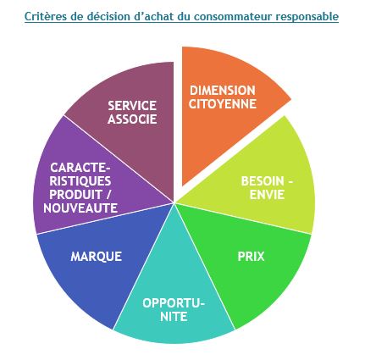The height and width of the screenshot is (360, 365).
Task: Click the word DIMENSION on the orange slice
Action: tap(223, 91)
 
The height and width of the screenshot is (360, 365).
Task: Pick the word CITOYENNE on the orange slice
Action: tap(223, 104)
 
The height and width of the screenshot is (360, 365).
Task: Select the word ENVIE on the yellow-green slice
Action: tap(267, 195)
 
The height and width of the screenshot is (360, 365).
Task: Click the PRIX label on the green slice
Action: tap(251, 257)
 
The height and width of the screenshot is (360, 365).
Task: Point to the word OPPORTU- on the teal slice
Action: tap(174, 303)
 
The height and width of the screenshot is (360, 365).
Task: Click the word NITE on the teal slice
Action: tap(174, 317)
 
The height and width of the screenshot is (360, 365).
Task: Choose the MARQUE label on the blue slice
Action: tap(97, 257)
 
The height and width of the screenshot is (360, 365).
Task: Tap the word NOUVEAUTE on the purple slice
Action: tap(80, 208)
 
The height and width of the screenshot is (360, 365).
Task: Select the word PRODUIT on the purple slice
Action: tap(75, 195)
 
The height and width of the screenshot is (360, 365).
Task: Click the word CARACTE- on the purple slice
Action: tap(80, 168)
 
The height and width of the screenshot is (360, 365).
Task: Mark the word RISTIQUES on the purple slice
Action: tap(80, 181)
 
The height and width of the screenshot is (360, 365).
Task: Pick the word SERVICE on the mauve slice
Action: tap(132, 106)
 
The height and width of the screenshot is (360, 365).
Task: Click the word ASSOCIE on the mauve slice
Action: tap(132, 119)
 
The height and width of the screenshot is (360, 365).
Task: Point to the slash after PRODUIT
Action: tap(108, 195)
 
